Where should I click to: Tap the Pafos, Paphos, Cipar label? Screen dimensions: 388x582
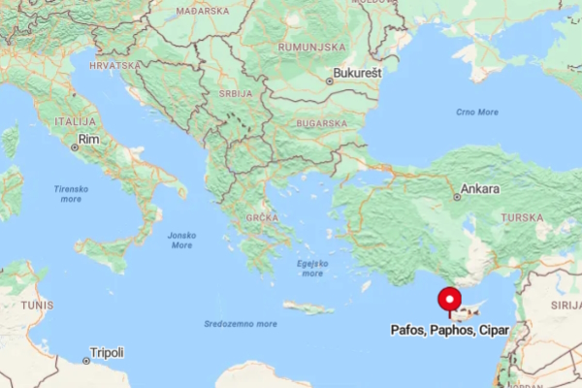(x=449, y=331)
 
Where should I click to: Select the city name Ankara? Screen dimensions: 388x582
(x=480, y=189)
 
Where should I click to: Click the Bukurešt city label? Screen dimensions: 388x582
(x=357, y=73)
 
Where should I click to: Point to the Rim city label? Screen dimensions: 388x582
(x=88, y=141)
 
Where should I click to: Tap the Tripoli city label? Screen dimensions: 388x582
(x=106, y=353)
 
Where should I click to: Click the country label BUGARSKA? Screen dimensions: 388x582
(x=322, y=124)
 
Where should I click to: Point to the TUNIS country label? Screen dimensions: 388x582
(x=37, y=304)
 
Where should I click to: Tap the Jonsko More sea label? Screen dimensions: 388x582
(x=181, y=239)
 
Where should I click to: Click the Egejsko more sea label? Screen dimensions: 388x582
(x=312, y=268)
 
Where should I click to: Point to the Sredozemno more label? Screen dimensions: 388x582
(x=241, y=323)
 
